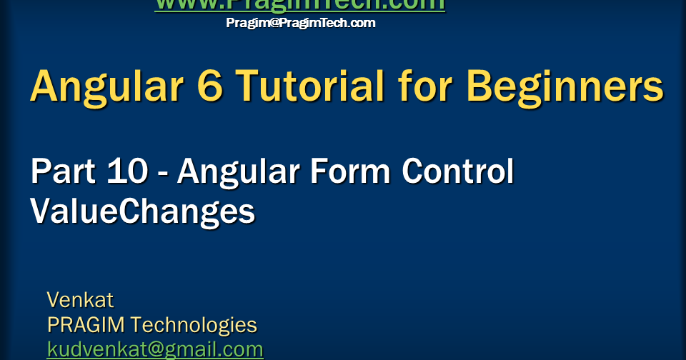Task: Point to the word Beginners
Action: click(565, 87)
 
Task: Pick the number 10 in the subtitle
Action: click(128, 172)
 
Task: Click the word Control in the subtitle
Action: click(457, 172)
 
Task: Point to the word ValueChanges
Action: click(142, 211)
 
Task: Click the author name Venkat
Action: click(80, 299)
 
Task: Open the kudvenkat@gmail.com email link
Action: click(155, 349)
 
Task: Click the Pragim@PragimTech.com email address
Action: click(300, 23)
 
